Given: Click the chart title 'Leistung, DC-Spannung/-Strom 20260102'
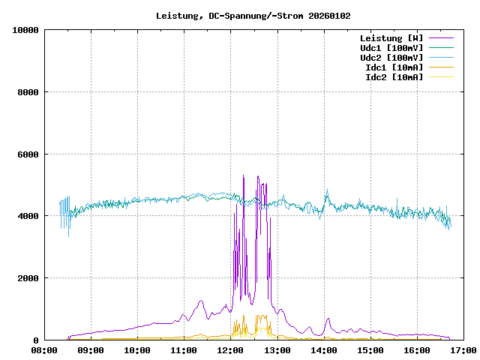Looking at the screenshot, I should pyautogui.click(x=253, y=16).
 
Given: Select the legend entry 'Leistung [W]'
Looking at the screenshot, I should pyautogui.click(x=391, y=37).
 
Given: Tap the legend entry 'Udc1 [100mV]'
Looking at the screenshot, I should pyautogui.click(x=391, y=47).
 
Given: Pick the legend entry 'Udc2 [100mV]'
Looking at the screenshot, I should pyautogui.click(x=391, y=57).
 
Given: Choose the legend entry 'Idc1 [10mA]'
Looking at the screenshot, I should pyautogui.click(x=394, y=67).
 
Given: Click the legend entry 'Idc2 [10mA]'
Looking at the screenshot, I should pyautogui.click(x=394, y=76).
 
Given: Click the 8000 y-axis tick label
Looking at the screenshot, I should pyautogui.click(x=28, y=92).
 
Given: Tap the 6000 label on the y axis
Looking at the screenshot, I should pyautogui.click(x=28, y=154).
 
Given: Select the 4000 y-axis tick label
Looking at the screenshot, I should pyautogui.click(x=28, y=216).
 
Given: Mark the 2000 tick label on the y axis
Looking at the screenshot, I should pyautogui.click(x=28, y=278).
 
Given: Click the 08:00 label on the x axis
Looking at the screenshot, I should pyautogui.click(x=44, y=350).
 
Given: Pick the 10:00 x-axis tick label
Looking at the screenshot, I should pyautogui.click(x=137, y=350).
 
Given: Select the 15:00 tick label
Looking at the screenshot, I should pyautogui.click(x=370, y=350).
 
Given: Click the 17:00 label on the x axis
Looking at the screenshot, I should pyautogui.click(x=463, y=350).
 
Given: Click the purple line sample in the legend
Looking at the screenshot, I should pyautogui.click(x=441, y=37).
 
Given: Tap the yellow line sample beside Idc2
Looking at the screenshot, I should pyautogui.click(x=441, y=76).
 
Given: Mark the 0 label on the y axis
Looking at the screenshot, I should pyautogui.click(x=37, y=340).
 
